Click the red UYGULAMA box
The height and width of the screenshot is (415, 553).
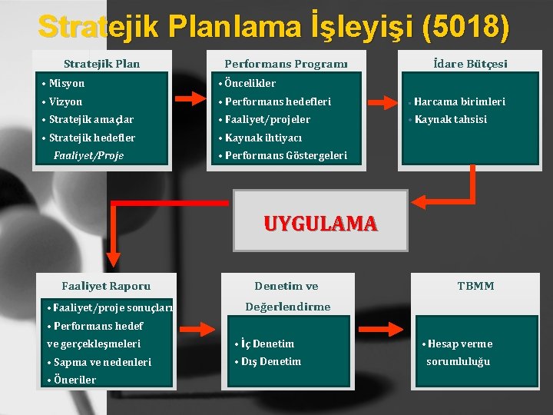[x=320, y=223]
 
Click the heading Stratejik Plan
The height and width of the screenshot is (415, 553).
[x=101, y=64]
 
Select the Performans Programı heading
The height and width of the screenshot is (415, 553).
[x=286, y=64]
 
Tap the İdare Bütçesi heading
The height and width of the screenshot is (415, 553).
[x=470, y=64]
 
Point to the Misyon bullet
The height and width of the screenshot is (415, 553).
[x=67, y=83]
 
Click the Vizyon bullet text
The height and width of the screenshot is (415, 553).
[x=65, y=101]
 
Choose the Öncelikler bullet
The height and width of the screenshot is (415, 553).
[x=250, y=83]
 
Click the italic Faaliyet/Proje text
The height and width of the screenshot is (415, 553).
[x=88, y=155]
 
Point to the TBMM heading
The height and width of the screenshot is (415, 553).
[x=475, y=286]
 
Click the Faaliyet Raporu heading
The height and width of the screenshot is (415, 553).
[x=106, y=286]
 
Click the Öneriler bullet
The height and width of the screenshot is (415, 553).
[x=74, y=380]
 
